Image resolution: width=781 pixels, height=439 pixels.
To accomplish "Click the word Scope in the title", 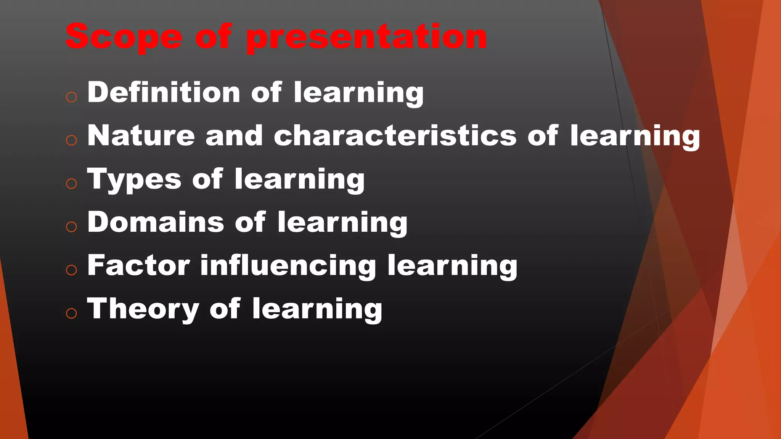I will [124, 37].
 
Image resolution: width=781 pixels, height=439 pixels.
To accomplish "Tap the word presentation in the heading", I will [366, 37].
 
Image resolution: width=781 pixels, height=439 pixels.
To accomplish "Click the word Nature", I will [141, 136].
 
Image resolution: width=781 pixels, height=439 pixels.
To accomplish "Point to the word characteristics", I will [395, 136].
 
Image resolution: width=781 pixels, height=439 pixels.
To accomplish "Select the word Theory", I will [143, 309].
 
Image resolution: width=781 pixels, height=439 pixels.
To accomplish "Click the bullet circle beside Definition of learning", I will [71, 97].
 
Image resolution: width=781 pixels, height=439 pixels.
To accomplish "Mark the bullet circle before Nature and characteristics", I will [71, 140].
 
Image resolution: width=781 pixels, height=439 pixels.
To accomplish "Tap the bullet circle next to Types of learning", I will [71, 184].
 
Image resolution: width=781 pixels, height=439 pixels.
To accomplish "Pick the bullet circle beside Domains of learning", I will [71, 227].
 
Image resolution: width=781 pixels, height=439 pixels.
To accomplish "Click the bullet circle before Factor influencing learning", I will [71, 270].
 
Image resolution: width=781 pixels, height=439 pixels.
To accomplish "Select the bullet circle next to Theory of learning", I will [71, 313].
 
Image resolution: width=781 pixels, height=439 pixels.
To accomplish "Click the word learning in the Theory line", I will [317, 309].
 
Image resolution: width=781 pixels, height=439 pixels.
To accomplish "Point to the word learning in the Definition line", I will [358, 93].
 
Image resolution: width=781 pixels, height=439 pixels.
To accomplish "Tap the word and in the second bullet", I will [234, 136].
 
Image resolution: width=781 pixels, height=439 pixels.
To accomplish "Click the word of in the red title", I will [214, 37].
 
